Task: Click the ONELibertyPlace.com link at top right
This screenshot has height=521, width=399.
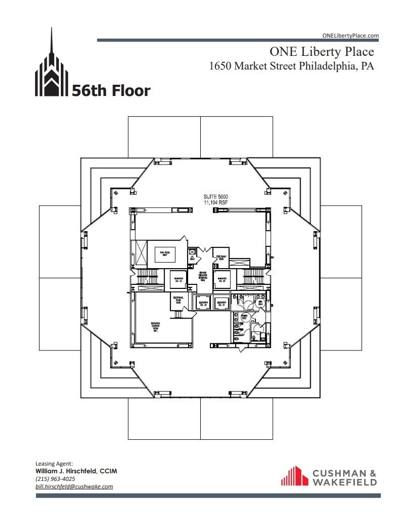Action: (x=350, y=36)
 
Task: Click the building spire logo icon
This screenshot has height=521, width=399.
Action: (x=51, y=69)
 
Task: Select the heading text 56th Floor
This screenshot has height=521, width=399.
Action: (x=111, y=91)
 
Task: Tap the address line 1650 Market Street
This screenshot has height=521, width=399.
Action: (x=292, y=66)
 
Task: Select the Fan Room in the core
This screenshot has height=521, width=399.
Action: (x=164, y=253)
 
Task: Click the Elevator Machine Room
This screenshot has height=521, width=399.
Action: (x=156, y=325)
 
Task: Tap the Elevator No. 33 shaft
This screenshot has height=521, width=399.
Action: (x=178, y=279)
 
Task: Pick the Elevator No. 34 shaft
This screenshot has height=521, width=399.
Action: (x=222, y=279)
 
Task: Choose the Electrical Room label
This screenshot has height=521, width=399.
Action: (x=178, y=300)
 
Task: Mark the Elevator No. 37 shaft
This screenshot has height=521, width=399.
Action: (x=222, y=303)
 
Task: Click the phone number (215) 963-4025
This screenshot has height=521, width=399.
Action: (x=55, y=479)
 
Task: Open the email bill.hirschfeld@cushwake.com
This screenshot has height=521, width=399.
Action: (x=74, y=486)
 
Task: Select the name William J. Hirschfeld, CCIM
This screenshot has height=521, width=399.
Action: (x=76, y=471)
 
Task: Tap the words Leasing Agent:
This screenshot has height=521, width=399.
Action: (x=54, y=464)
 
